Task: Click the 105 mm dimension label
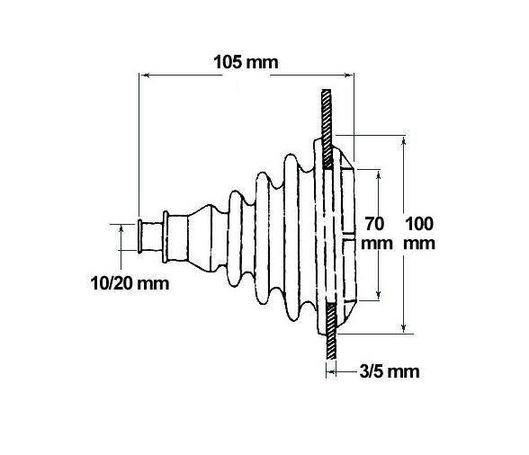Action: (x=246, y=63)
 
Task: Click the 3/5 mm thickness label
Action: (x=390, y=370)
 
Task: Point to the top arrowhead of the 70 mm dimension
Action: (x=382, y=168)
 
